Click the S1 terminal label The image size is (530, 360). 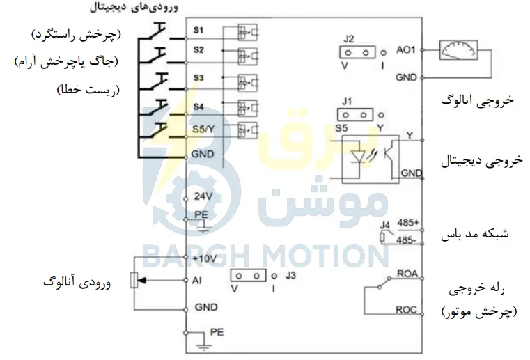tap(198, 30)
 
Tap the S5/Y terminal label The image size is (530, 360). tap(203, 129)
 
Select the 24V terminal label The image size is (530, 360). tap(203, 196)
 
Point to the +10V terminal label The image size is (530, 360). tap(204, 258)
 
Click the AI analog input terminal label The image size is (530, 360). tap(196, 280)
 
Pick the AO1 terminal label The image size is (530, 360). tap(405, 50)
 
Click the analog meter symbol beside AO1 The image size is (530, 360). tap(458, 50)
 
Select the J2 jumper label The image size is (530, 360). tap(348, 38)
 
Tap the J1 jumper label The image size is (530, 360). tap(347, 101)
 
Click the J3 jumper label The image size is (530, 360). tap(290, 275)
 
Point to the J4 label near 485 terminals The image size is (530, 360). tap(384, 225)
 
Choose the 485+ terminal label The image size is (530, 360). tap(408, 223)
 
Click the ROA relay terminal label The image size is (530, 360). tap(407, 274)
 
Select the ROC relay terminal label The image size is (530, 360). tap(406, 310)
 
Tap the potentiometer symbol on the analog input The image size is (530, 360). tap(134, 280)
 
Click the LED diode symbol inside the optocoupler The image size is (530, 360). tap(357, 157)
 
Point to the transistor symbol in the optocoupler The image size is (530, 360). tap(389, 154)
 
